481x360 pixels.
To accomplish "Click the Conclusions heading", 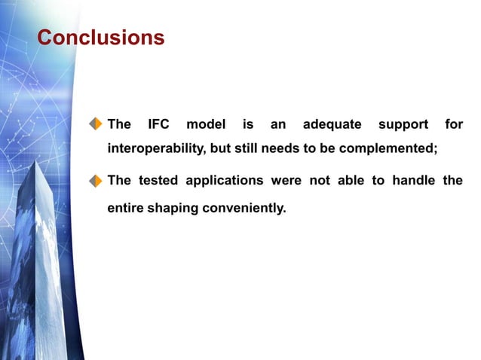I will click(100, 38).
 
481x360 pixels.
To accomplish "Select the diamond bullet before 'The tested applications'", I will click(96, 181).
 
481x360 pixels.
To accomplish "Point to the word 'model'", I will click(206, 124).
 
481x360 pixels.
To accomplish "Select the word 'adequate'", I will click(332, 124).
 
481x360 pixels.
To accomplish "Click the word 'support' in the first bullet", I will click(403, 124).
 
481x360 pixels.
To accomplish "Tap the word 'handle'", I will click(414, 181).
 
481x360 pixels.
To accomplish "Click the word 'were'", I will click(290, 181).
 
